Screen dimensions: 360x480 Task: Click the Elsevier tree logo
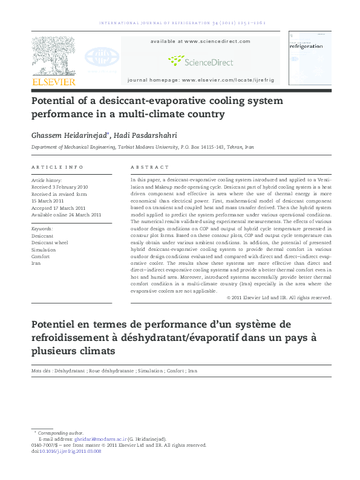coord(53,56)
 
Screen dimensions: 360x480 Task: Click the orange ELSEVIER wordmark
coord(53,82)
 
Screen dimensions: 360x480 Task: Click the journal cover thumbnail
coord(310,58)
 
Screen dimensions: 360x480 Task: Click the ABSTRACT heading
coord(149,167)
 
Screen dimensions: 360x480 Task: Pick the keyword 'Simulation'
coord(44,250)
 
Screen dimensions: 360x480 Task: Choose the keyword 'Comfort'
coord(42,256)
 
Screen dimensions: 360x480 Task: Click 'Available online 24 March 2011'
coord(66,215)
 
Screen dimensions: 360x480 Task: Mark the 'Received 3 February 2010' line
coord(59,187)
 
